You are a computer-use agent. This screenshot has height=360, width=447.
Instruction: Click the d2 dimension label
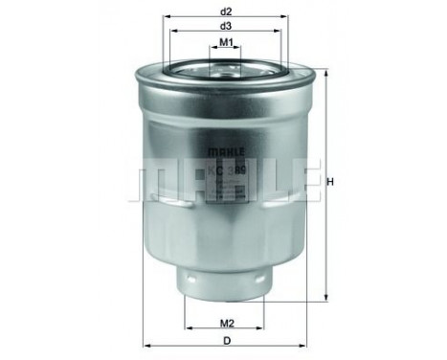(227, 11)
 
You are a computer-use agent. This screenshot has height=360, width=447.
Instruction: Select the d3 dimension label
(227, 26)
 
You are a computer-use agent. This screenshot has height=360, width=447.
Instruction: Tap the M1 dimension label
(227, 43)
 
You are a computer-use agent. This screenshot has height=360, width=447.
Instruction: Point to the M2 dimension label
(227, 323)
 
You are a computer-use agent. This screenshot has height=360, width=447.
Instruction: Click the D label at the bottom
(227, 343)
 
